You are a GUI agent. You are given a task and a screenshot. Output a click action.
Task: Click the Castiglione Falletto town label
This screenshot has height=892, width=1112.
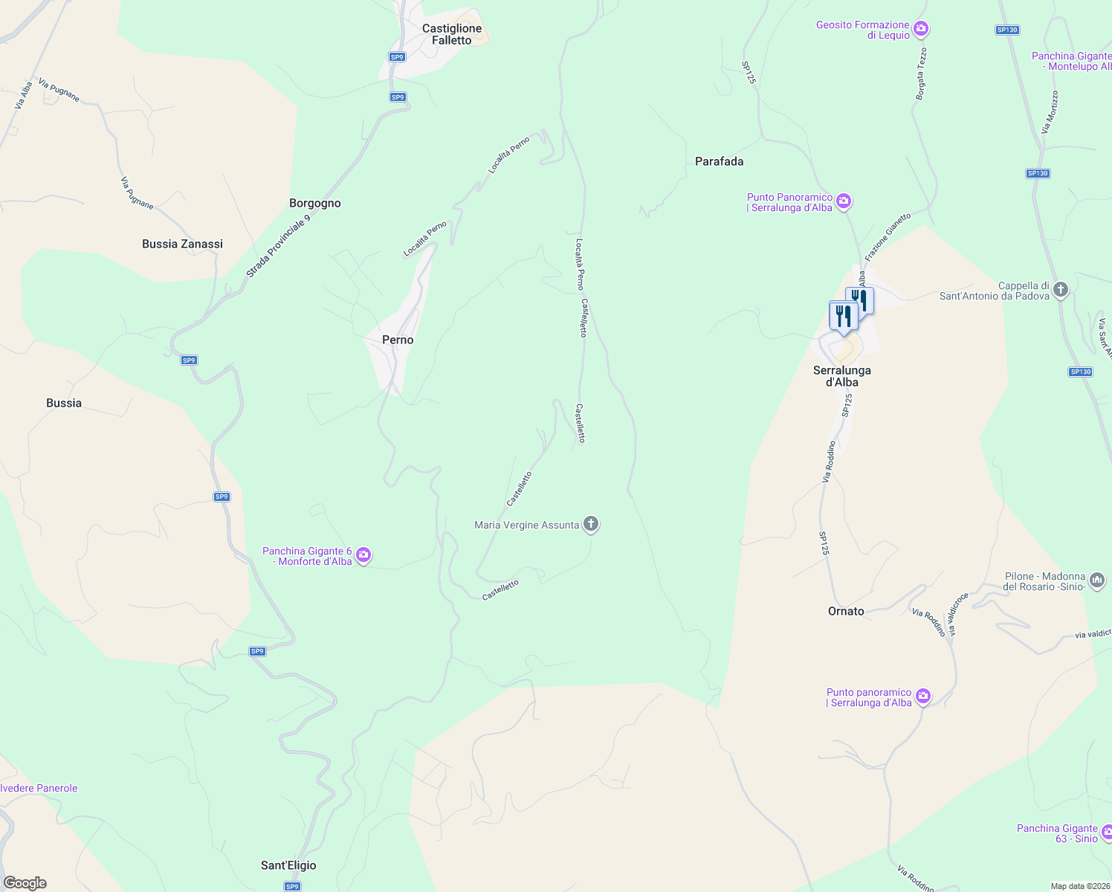(x=452, y=34)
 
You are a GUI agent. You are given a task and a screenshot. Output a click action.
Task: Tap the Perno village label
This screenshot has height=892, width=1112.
(x=398, y=340)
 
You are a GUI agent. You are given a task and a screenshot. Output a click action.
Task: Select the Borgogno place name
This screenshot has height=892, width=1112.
(x=315, y=203)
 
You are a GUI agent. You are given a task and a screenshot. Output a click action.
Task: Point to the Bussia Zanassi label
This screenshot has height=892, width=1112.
(x=182, y=244)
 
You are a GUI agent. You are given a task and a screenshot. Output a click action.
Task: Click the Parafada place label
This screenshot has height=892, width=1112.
(x=719, y=161)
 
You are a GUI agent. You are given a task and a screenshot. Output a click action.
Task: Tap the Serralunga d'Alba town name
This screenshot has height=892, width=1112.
(x=842, y=376)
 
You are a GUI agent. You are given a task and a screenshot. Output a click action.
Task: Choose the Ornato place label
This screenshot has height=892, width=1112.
(x=846, y=611)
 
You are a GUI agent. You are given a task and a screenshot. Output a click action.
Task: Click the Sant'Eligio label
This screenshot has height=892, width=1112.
(x=288, y=865)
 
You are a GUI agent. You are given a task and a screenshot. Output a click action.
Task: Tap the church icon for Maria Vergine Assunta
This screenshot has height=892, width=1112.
(x=591, y=525)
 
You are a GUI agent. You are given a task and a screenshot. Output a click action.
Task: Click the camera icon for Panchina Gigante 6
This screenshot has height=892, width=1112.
(x=363, y=555)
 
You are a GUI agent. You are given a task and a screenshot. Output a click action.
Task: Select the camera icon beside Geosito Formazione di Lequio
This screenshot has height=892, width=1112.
(x=921, y=29)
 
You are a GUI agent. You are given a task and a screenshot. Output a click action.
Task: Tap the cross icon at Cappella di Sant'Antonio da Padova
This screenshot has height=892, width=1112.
(x=1061, y=289)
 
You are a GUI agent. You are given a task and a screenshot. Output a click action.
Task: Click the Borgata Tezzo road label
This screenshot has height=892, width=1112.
(x=922, y=74)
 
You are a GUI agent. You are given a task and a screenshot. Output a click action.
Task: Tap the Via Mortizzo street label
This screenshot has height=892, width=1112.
(x=1050, y=112)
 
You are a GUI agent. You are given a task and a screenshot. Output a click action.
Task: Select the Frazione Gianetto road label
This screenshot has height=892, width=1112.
(x=888, y=236)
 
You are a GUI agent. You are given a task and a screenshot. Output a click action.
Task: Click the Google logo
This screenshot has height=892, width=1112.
(x=25, y=883)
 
